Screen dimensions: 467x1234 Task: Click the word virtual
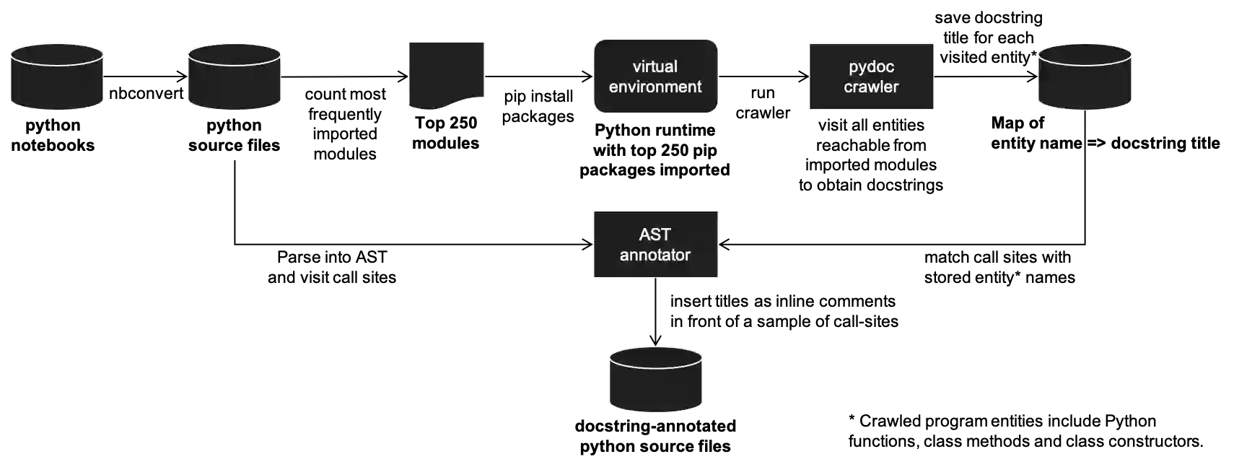click(655, 66)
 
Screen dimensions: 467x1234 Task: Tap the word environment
click(655, 87)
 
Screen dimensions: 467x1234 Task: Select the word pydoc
click(871, 66)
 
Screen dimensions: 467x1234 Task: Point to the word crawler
click(871, 87)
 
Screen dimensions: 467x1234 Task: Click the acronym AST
click(655, 235)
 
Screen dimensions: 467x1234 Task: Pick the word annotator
click(655, 255)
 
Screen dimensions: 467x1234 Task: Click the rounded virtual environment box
click(655, 101)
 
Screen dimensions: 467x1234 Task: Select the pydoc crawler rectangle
click(871, 101)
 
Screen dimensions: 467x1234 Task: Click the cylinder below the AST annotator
click(655, 386)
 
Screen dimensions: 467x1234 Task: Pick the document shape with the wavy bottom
click(446, 72)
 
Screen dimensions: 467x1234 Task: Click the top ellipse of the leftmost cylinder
click(56, 55)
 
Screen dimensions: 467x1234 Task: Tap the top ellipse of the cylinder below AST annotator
click(655, 357)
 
